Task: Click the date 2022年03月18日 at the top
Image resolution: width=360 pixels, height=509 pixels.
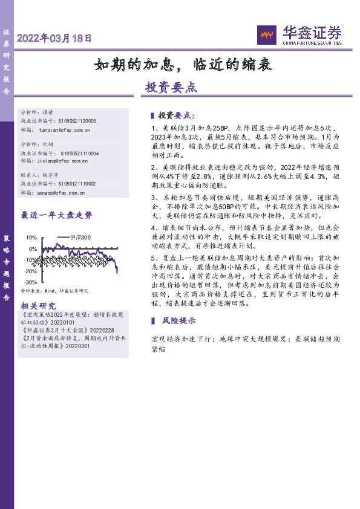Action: (x=54, y=39)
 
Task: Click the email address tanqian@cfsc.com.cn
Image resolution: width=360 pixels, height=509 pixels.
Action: (x=65, y=129)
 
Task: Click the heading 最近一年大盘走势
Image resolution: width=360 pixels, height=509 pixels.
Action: (x=57, y=215)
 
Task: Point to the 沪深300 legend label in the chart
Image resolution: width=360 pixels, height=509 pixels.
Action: (x=80, y=238)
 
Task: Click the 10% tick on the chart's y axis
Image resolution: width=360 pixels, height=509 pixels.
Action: (x=32, y=238)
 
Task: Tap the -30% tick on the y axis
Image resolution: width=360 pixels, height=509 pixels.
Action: (x=30, y=282)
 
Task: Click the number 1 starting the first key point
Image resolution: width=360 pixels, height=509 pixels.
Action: (x=153, y=129)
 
